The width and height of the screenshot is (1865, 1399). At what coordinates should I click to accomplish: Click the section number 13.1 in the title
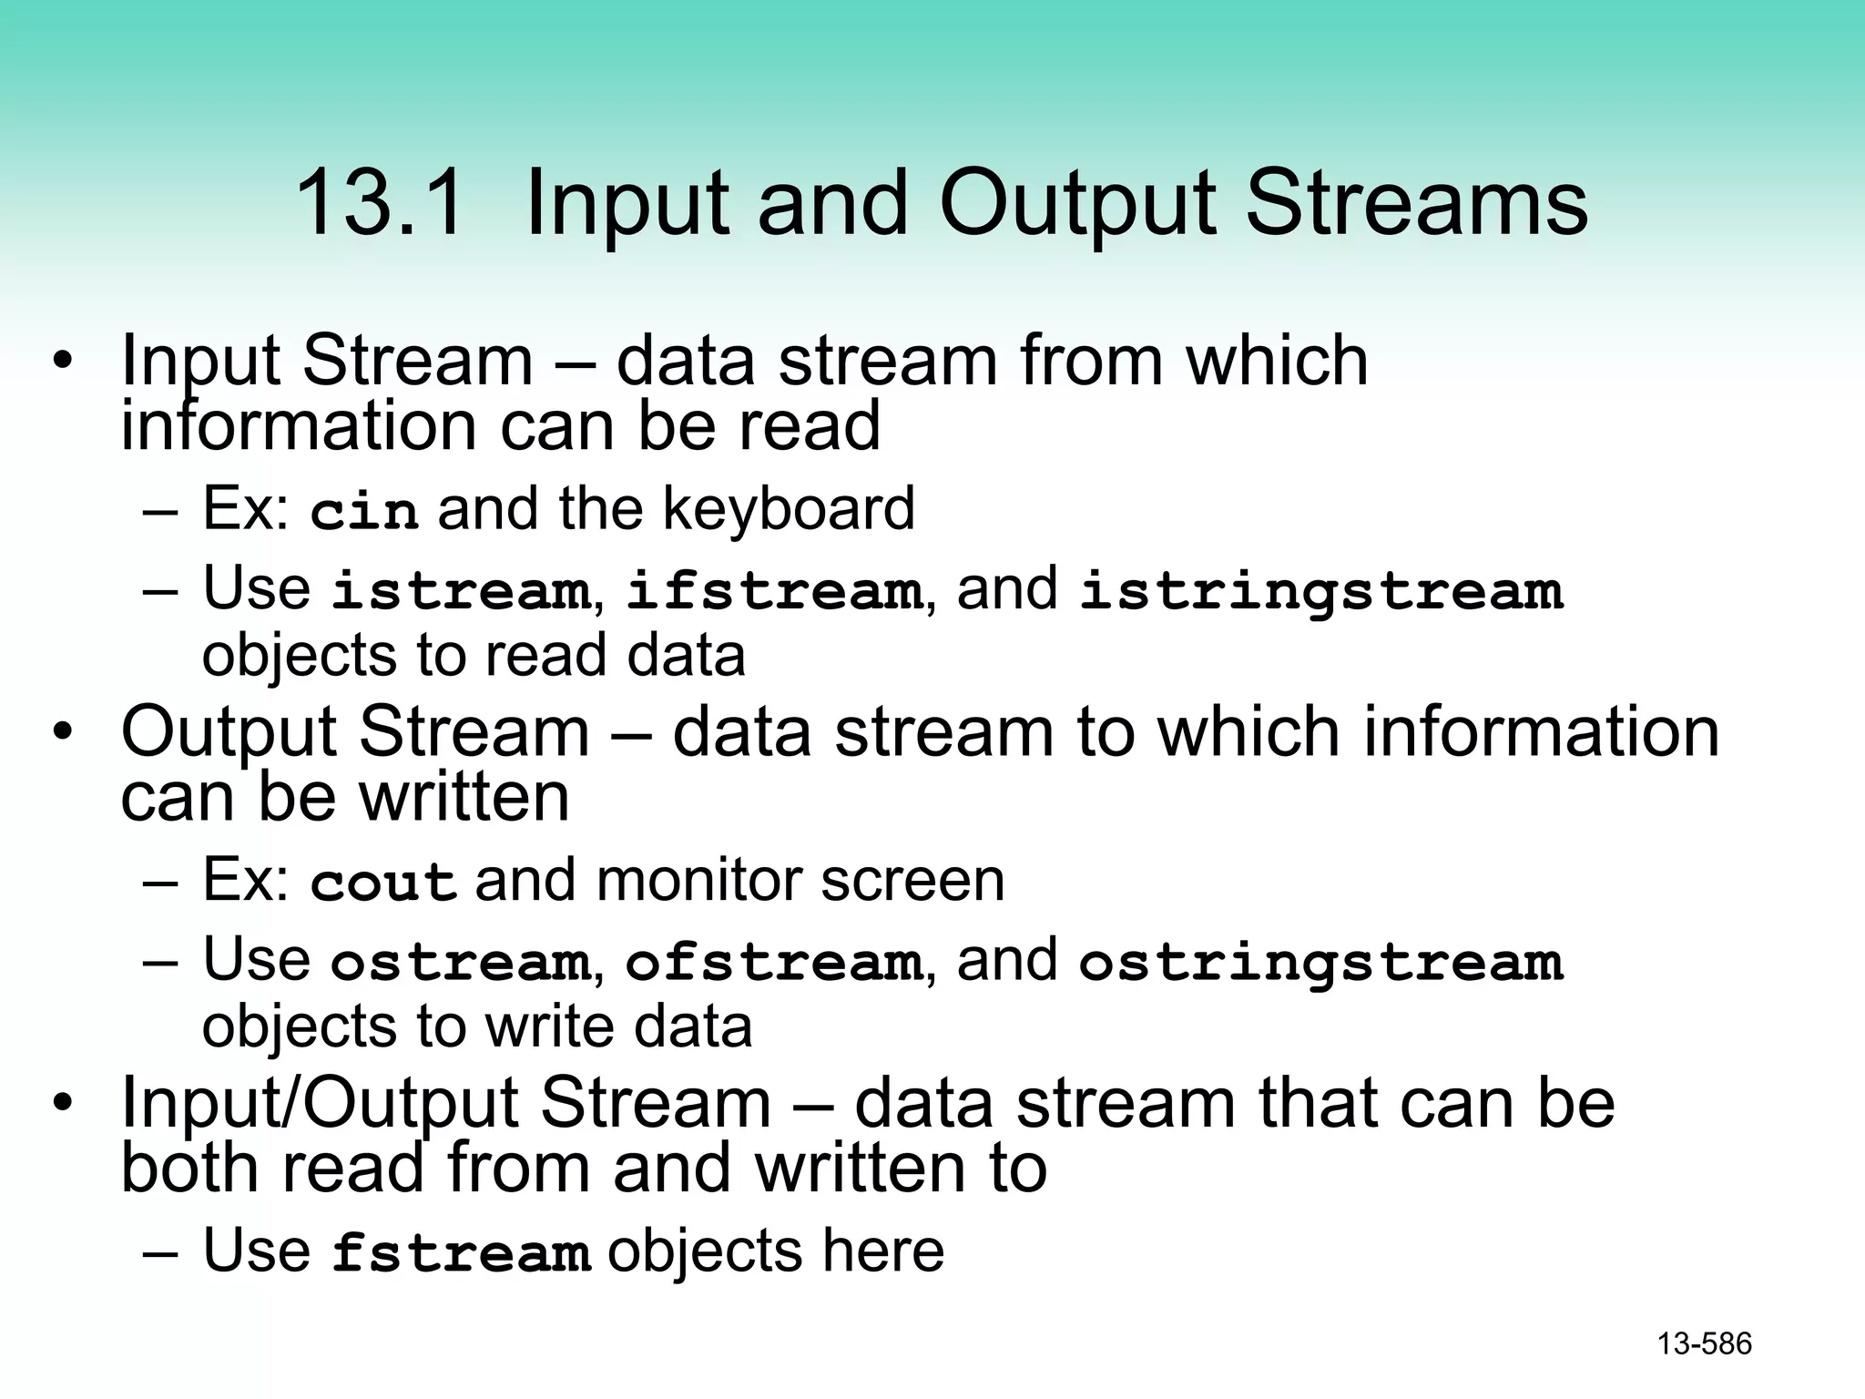point(380,202)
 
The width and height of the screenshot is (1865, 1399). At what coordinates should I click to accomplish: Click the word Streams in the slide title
point(1416,202)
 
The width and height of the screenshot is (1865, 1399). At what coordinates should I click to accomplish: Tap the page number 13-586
point(1704,1344)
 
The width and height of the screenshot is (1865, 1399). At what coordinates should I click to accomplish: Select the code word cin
point(364,511)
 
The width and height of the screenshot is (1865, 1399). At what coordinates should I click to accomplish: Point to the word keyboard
point(789,509)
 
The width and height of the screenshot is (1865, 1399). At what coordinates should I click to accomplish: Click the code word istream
point(461,591)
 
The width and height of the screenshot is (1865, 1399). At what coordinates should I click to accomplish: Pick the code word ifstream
point(774,591)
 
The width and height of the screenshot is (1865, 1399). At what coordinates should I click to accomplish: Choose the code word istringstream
point(1320,591)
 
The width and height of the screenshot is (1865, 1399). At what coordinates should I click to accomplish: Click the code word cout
point(382,883)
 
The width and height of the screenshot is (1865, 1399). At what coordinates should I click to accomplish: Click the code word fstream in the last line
point(461,1253)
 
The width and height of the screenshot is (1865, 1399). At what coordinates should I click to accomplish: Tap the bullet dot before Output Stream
point(62,732)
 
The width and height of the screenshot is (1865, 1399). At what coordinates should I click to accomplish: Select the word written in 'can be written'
point(464,797)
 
